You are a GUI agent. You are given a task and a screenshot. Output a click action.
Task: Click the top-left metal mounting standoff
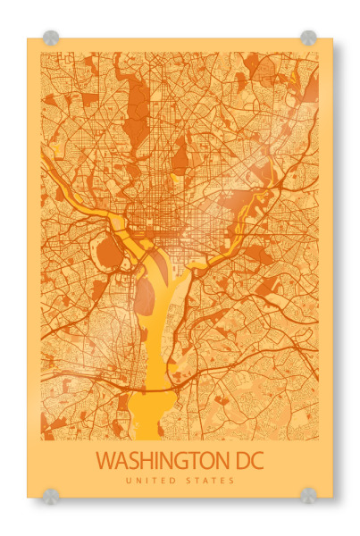[x=51, y=38]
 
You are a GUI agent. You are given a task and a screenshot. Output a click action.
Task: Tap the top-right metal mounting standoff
[x=308, y=38]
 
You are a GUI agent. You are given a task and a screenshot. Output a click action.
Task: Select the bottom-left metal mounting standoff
[x=51, y=495]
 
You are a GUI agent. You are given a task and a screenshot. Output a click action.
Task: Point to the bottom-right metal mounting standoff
[x=308, y=495]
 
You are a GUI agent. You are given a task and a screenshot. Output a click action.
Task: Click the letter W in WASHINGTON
[x=106, y=462]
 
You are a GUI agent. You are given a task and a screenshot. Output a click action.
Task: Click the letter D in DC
[x=239, y=462]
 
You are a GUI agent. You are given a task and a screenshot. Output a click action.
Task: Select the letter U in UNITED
[x=129, y=482]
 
